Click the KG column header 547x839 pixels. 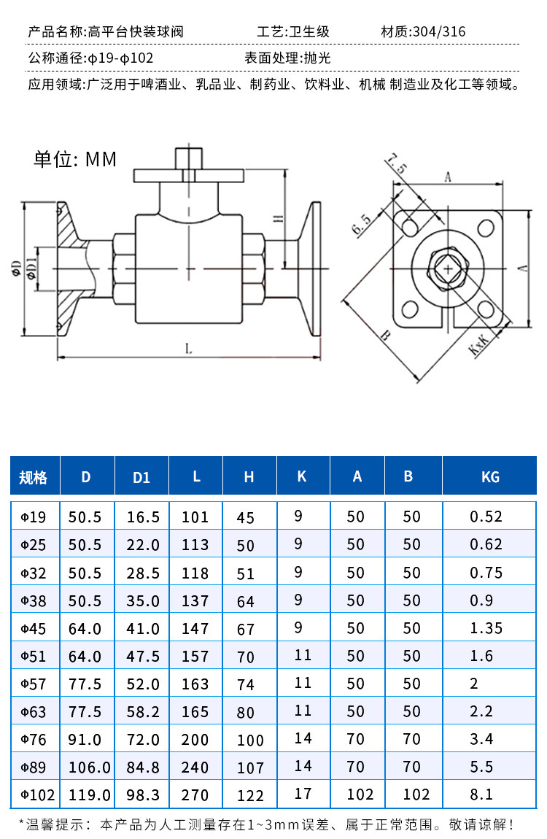pyautogui.click(x=490, y=476)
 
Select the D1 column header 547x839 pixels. pyautogui.click(x=141, y=477)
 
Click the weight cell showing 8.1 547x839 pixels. pyautogui.click(x=481, y=794)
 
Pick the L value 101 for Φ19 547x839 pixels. pyautogui.click(x=195, y=517)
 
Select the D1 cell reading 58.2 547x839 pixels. pyautogui.click(x=143, y=711)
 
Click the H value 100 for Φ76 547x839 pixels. pyautogui.click(x=250, y=741)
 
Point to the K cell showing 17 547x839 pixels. pyautogui.click(x=303, y=794)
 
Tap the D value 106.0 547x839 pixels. pyautogui.click(x=89, y=768)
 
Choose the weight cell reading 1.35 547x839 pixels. pyautogui.click(x=486, y=628)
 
